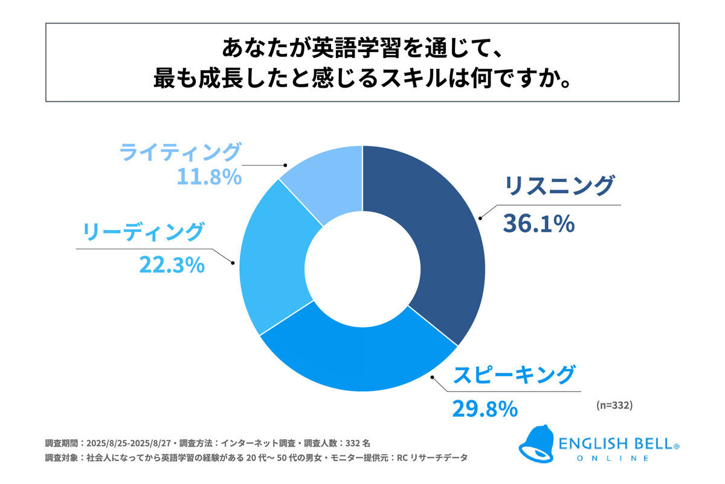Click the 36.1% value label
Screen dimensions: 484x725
[x=538, y=224]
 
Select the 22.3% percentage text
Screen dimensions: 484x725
[x=172, y=264]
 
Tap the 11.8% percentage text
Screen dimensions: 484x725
[x=209, y=177]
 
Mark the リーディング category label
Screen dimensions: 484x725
[x=143, y=232]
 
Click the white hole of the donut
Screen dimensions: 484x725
[x=362, y=267]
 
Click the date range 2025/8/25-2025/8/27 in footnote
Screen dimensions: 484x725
[x=127, y=442]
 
